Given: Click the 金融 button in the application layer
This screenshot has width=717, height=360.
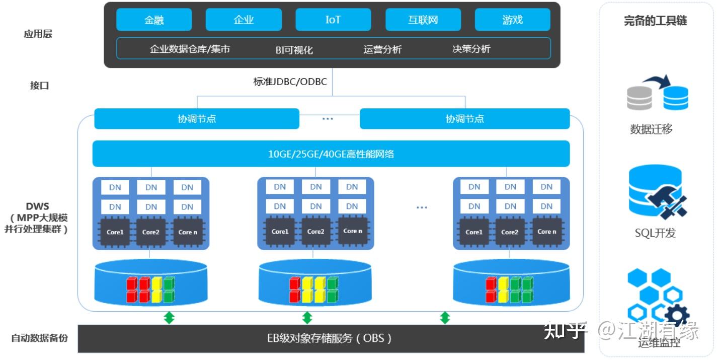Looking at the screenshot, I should pyautogui.click(x=154, y=20).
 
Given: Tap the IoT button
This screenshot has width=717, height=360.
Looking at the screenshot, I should pyautogui.click(x=333, y=20).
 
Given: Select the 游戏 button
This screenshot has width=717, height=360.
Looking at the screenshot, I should pyautogui.click(x=512, y=20).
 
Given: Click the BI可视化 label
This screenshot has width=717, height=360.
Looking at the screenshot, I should pyautogui.click(x=294, y=50).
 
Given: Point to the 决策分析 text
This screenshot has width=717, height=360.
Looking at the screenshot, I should pyautogui.click(x=471, y=49).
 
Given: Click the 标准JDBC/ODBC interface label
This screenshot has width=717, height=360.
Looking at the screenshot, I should pyautogui.click(x=290, y=82).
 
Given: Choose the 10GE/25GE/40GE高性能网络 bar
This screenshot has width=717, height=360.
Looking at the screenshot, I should pyautogui.click(x=331, y=154).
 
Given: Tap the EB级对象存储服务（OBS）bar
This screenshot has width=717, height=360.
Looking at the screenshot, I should pyautogui.click(x=331, y=338).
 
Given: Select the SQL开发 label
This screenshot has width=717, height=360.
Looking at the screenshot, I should pyautogui.click(x=655, y=233).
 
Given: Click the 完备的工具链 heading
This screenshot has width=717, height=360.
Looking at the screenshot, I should pyautogui.click(x=655, y=21).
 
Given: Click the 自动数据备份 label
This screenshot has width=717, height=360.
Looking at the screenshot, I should pyautogui.click(x=39, y=338).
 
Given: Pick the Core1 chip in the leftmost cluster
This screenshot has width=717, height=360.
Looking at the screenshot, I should pyautogui.click(x=115, y=232).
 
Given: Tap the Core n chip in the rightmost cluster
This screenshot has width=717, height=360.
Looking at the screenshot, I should pyautogui.click(x=547, y=232).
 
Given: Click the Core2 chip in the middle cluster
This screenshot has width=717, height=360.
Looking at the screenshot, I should pyautogui.click(x=315, y=232).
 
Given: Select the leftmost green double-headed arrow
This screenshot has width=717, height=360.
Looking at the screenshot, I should pyautogui.click(x=169, y=318).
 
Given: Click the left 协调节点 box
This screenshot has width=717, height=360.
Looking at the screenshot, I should pyautogui.click(x=197, y=119).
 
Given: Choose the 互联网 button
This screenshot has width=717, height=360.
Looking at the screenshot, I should pyautogui.click(x=423, y=20).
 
